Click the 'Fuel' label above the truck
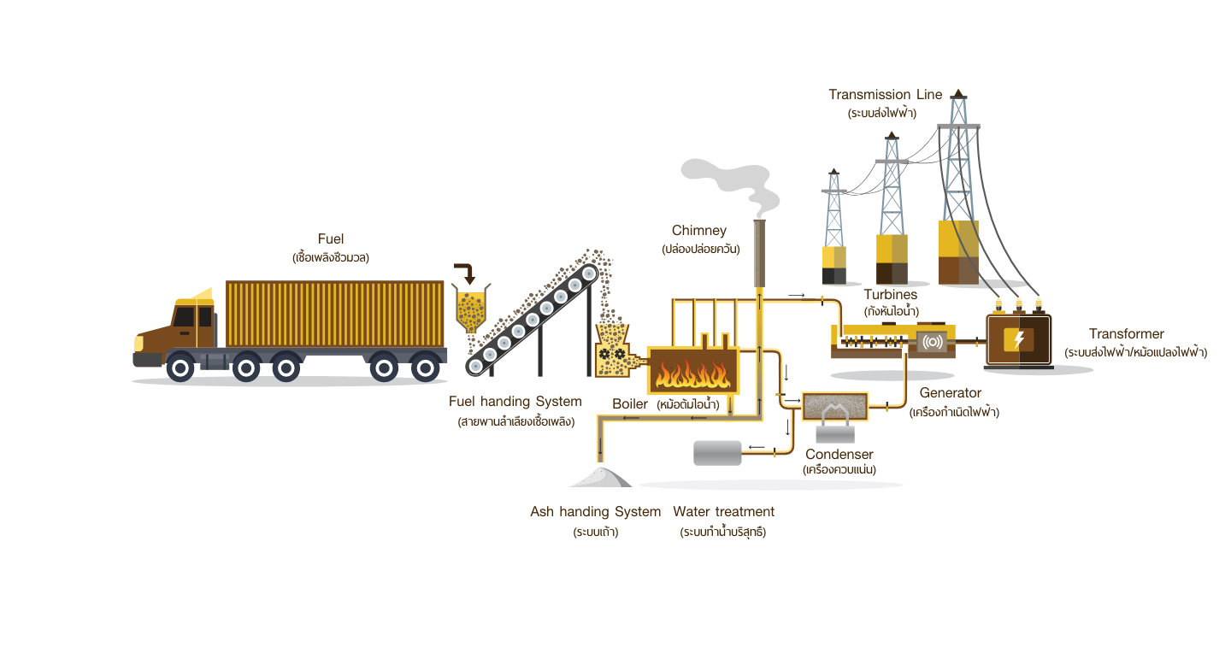click(330, 239)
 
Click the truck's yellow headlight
click(138, 344)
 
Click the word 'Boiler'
click(630, 404)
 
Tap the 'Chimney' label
click(699, 230)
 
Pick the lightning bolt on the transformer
click(1018, 339)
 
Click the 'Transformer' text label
click(1127, 333)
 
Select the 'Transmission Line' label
click(886, 95)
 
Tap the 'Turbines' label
click(890, 295)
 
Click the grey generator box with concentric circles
click(932, 343)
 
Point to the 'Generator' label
click(951, 393)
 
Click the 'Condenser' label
click(839, 454)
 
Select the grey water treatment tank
click(718, 453)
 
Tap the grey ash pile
click(601, 477)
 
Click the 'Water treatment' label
click(724, 512)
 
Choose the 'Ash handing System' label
click(596, 512)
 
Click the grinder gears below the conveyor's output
click(612, 354)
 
